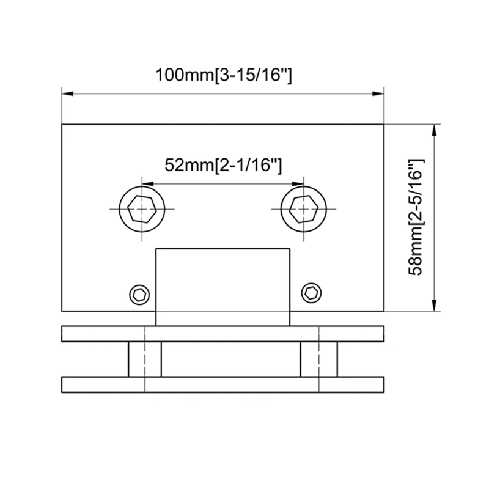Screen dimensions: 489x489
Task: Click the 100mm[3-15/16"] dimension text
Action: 223,76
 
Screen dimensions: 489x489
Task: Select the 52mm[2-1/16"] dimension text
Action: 223,165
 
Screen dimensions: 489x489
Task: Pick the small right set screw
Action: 312,294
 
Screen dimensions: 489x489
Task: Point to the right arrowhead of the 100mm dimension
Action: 378,94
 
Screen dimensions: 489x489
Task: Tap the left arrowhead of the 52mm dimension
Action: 147,183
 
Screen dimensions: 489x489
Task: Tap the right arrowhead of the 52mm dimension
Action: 299,183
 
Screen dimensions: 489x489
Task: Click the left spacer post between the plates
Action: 144,360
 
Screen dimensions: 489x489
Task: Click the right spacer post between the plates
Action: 318,360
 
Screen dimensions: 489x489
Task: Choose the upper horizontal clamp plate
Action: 223,334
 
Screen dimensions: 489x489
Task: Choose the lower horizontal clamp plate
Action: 223,385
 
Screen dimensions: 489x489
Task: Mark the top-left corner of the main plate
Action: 62,125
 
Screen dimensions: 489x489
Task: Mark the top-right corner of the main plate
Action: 384,125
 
